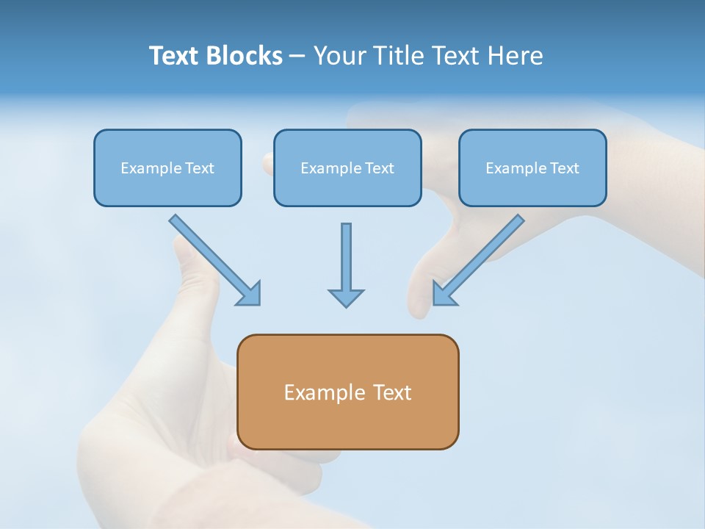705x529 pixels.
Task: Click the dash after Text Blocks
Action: (x=297, y=57)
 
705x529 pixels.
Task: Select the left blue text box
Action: (x=167, y=168)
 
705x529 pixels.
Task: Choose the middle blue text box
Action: (x=347, y=168)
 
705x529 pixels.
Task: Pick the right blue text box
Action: (x=532, y=168)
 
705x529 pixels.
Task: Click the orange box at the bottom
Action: (x=347, y=392)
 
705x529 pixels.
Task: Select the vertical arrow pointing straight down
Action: (x=346, y=264)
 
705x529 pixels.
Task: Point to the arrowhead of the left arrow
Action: (x=250, y=294)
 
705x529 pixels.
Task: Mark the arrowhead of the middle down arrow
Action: (x=346, y=298)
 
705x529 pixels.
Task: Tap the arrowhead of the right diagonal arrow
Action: (x=444, y=294)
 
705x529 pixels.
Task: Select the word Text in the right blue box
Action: (x=564, y=168)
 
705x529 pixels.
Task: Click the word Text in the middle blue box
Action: (x=379, y=168)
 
